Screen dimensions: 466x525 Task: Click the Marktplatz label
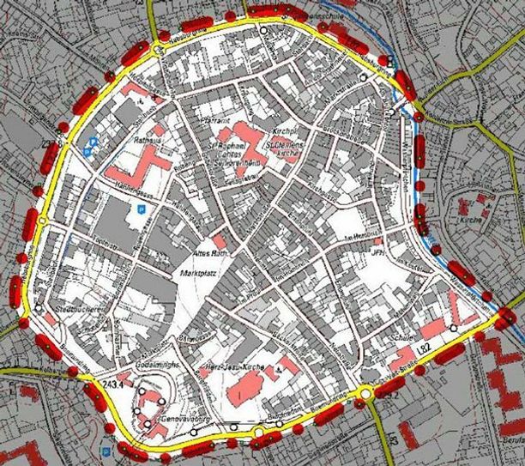pos(199,274)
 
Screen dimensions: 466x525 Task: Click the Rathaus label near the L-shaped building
pos(148,140)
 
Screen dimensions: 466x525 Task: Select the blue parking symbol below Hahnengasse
pos(135,209)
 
